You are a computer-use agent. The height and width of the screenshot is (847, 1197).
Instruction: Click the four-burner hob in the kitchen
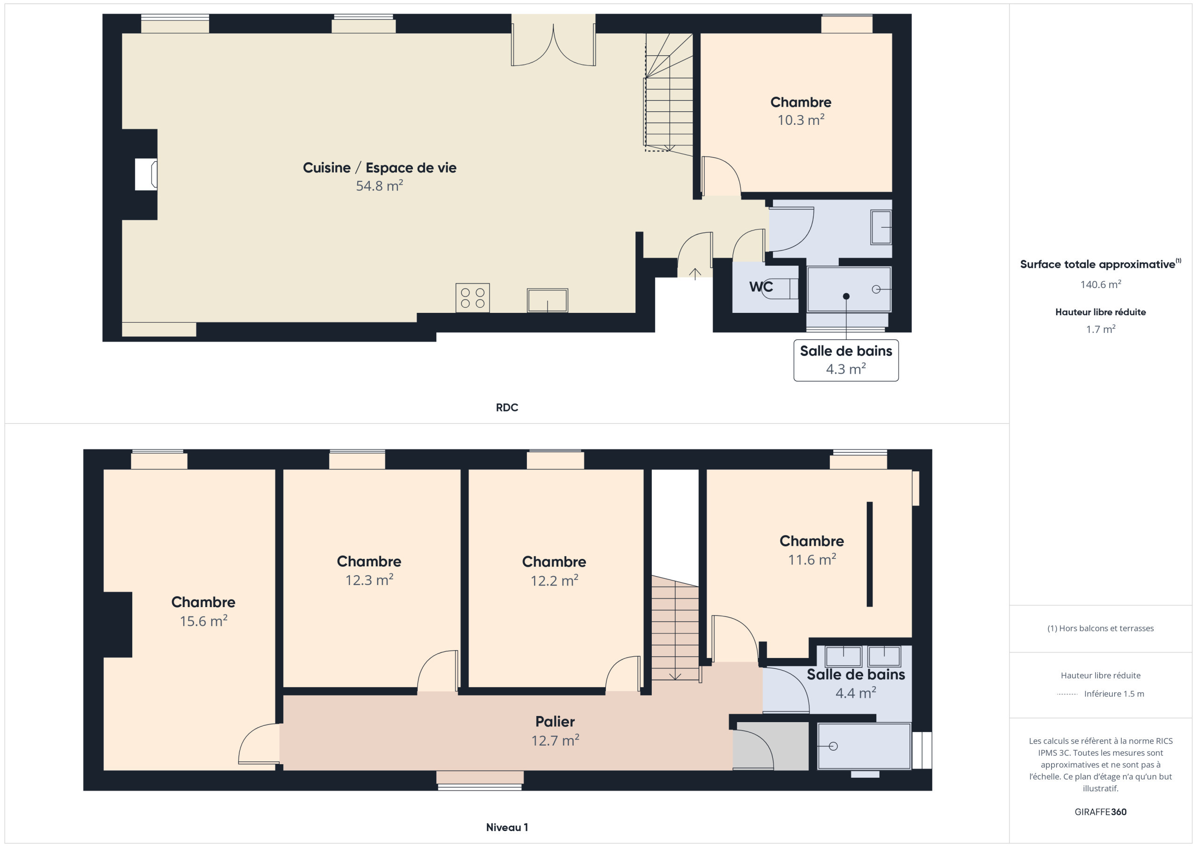(x=472, y=298)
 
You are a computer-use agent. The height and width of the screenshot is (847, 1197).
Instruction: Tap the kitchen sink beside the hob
(x=548, y=300)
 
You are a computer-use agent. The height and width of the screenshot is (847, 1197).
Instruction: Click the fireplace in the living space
(x=146, y=174)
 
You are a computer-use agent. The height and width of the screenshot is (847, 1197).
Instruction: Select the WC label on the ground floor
(x=761, y=287)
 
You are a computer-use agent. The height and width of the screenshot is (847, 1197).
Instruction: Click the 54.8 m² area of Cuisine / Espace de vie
(x=380, y=186)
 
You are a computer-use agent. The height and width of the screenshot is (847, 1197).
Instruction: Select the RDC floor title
(x=507, y=407)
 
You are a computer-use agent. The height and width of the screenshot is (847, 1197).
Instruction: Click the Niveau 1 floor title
(x=507, y=827)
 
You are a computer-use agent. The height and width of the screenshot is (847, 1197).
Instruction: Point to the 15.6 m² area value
(x=203, y=621)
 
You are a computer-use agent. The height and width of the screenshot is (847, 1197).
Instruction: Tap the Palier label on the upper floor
(x=555, y=721)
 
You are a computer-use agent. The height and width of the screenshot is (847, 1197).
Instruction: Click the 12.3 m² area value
(x=369, y=580)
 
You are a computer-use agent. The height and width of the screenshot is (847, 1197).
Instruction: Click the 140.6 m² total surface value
(x=1101, y=284)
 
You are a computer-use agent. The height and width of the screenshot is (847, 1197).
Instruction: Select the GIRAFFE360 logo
(x=1101, y=812)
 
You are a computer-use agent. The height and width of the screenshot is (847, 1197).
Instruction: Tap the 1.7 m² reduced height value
(x=1101, y=329)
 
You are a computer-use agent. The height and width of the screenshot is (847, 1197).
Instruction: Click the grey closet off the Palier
(x=771, y=746)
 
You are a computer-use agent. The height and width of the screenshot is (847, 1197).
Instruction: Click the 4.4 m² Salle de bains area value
(x=856, y=693)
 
